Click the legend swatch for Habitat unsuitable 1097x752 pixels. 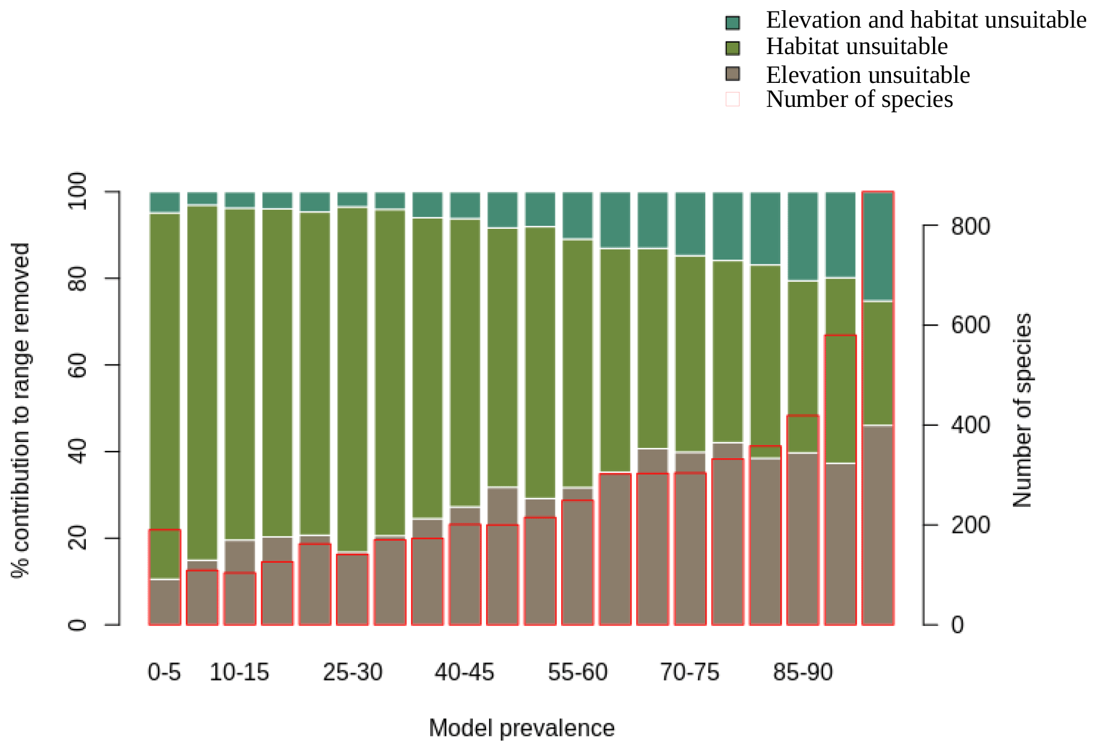pyautogui.click(x=732, y=48)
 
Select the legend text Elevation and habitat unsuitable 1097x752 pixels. pyautogui.click(x=925, y=20)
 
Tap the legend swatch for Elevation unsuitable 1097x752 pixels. pyautogui.click(x=732, y=74)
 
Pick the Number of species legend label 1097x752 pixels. pyautogui.click(x=859, y=100)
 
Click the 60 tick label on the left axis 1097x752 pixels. pyautogui.click(x=77, y=365)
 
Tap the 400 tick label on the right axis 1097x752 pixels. pyautogui.click(x=970, y=425)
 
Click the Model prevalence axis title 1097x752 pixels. pyautogui.click(x=521, y=728)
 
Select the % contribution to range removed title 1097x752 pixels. pyautogui.click(x=21, y=410)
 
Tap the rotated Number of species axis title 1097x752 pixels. pyautogui.click(x=1022, y=410)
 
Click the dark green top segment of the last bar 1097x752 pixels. pyautogui.click(x=878, y=246)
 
